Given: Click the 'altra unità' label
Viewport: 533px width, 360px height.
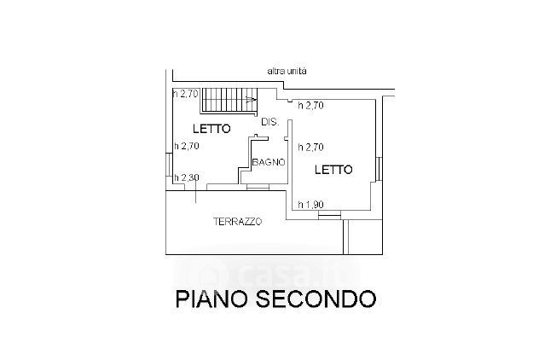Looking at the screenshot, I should tap(287, 72).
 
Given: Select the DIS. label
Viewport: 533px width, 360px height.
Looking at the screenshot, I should tap(269, 122).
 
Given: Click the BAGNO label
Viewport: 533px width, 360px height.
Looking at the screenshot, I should tap(268, 161).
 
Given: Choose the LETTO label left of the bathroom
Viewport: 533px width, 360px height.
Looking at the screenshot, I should tap(210, 130).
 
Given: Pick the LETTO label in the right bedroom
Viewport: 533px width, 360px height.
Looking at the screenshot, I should tap(333, 169).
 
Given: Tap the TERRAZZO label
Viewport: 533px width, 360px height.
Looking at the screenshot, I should tap(237, 222).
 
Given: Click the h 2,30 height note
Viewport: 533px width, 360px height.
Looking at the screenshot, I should tap(186, 177).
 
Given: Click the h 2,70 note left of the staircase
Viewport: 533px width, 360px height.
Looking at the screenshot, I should tap(185, 93).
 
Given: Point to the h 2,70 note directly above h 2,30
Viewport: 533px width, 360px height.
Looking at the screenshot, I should tap(186, 146).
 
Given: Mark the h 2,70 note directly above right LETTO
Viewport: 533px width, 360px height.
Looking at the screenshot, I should tap(312, 146).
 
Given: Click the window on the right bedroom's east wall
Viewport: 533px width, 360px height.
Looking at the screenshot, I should tap(377, 168).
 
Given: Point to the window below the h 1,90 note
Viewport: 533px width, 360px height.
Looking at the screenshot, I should tap(328, 215).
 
